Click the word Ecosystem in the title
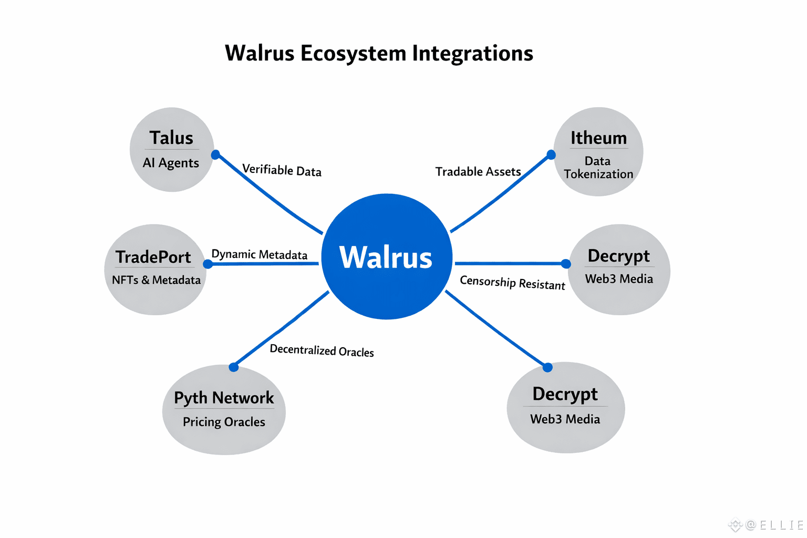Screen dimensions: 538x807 (353, 54)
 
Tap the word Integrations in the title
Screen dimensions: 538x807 (472, 54)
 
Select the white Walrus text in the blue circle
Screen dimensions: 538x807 (386, 257)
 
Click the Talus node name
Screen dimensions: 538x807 (171, 138)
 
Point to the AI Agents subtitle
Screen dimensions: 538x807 (171, 163)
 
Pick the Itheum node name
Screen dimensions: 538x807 (598, 138)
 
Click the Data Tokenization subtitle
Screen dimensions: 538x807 (598, 168)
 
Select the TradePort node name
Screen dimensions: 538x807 (153, 257)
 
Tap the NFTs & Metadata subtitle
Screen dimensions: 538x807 (156, 280)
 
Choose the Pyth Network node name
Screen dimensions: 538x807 (224, 398)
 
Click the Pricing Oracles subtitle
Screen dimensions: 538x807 (224, 422)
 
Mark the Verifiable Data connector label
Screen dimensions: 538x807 (282, 170)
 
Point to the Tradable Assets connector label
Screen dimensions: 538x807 (478, 172)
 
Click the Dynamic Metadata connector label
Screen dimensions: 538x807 (259, 254)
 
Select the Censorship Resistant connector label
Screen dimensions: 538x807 (512, 283)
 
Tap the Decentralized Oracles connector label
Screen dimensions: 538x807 (322, 350)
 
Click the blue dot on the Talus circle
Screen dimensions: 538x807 (215, 154)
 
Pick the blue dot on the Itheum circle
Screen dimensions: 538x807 (551, 154)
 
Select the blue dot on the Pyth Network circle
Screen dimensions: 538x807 (234, 367)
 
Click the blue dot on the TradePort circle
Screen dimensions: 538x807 (208, 264)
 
